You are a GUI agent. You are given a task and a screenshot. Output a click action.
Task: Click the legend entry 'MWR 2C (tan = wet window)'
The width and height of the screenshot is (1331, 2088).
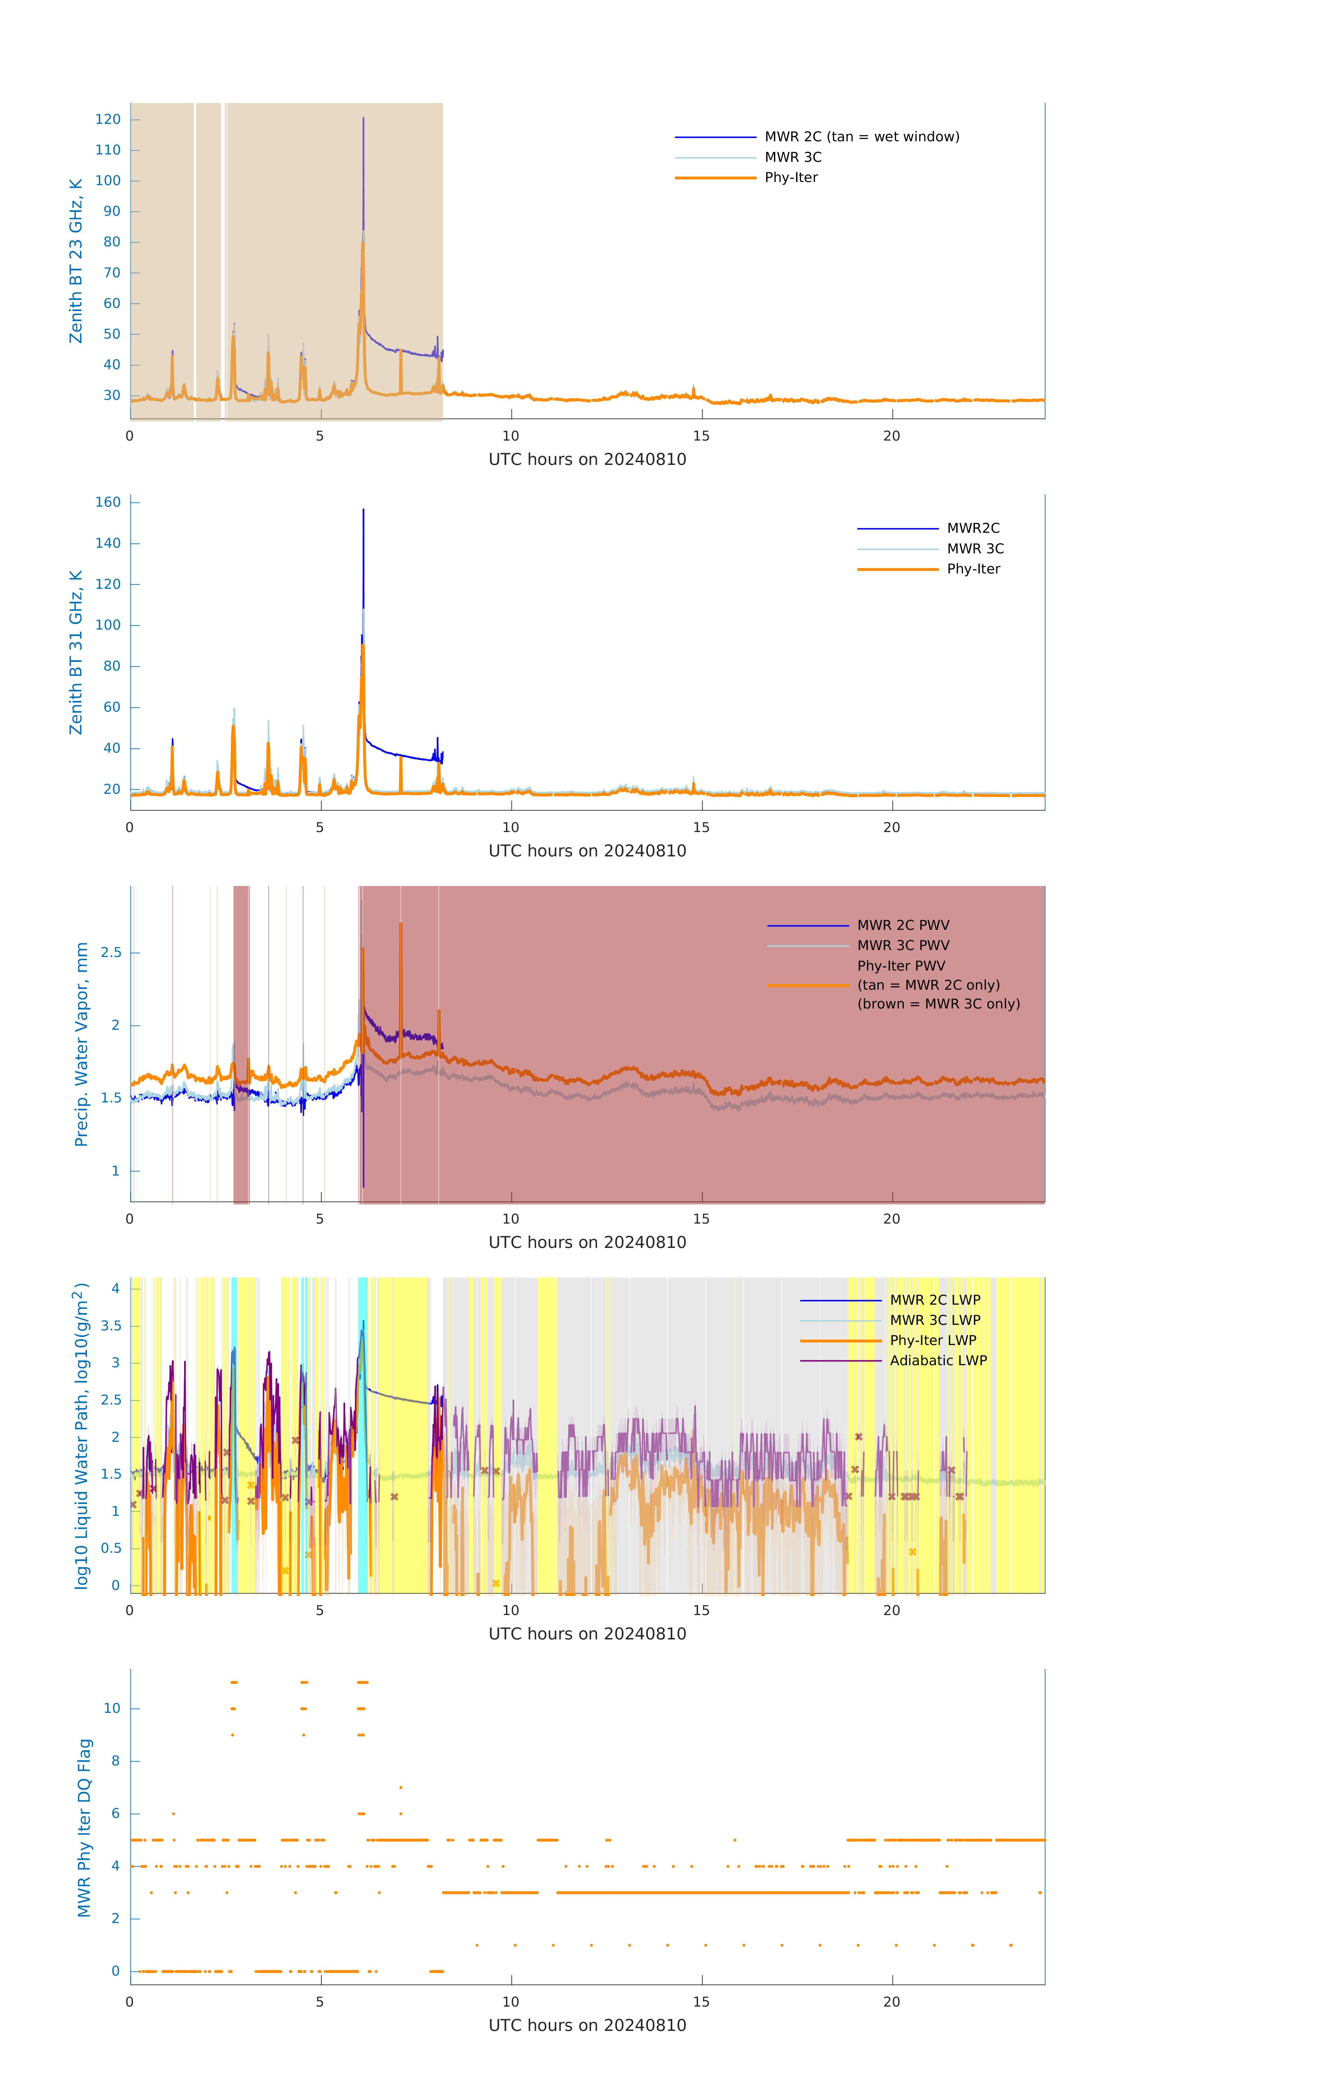[x=861, y=137]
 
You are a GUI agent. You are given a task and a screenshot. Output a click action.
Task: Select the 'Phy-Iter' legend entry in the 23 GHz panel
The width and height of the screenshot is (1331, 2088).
[x=791, y=178]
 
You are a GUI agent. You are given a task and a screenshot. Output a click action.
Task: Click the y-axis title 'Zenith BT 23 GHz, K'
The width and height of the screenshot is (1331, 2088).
[x=76, y=261]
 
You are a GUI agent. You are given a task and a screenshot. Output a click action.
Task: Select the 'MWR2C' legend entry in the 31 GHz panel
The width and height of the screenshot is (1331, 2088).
[x=973, y=529]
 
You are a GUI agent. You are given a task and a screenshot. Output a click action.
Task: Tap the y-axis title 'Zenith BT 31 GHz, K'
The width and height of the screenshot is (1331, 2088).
[x=76, y=653]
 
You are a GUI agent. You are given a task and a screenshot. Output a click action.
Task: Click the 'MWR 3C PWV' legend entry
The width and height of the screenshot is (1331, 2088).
[x=903, y=946]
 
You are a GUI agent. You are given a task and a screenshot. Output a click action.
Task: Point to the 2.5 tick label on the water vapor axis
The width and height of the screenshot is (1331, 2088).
[x=111, y=953]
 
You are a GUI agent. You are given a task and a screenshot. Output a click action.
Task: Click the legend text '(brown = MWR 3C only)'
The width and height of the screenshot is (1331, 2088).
[x=938, y=1004]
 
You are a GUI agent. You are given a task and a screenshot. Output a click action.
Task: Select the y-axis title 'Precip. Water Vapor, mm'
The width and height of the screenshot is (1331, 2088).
[x=81, y=1045]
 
